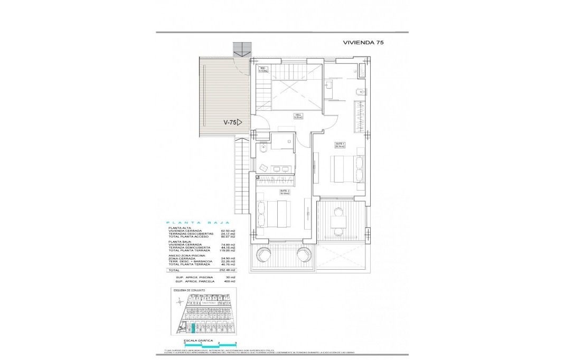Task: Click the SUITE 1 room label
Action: [x=340, y=144]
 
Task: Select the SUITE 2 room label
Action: [x=285, y=192]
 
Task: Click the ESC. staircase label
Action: [x=263, y=69]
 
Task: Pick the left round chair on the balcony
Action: [x=263, y=255]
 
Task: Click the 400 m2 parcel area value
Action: [x=229, y=281]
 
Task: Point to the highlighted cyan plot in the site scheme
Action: [x=193, y=328]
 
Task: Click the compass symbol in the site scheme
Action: [x=180, y=301]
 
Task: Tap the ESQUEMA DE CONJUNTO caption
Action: [x=187, y=290]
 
